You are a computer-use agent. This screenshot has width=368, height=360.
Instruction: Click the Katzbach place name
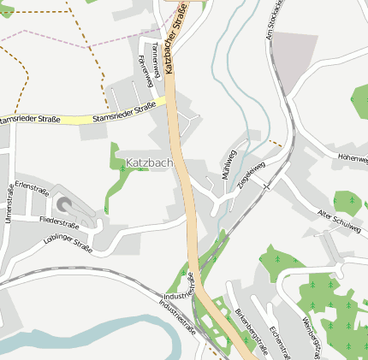tap(149, 162)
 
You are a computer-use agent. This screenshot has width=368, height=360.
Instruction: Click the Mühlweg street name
tap(229, 165)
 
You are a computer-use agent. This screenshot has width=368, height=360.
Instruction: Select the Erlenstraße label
tap(31, 185)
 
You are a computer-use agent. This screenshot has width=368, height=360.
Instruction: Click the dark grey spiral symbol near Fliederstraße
tap(64, 204)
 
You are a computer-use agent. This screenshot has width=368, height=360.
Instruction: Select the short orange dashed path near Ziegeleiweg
tap(275, 143)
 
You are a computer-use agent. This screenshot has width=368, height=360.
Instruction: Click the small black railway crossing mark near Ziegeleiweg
tap(267, 185)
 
